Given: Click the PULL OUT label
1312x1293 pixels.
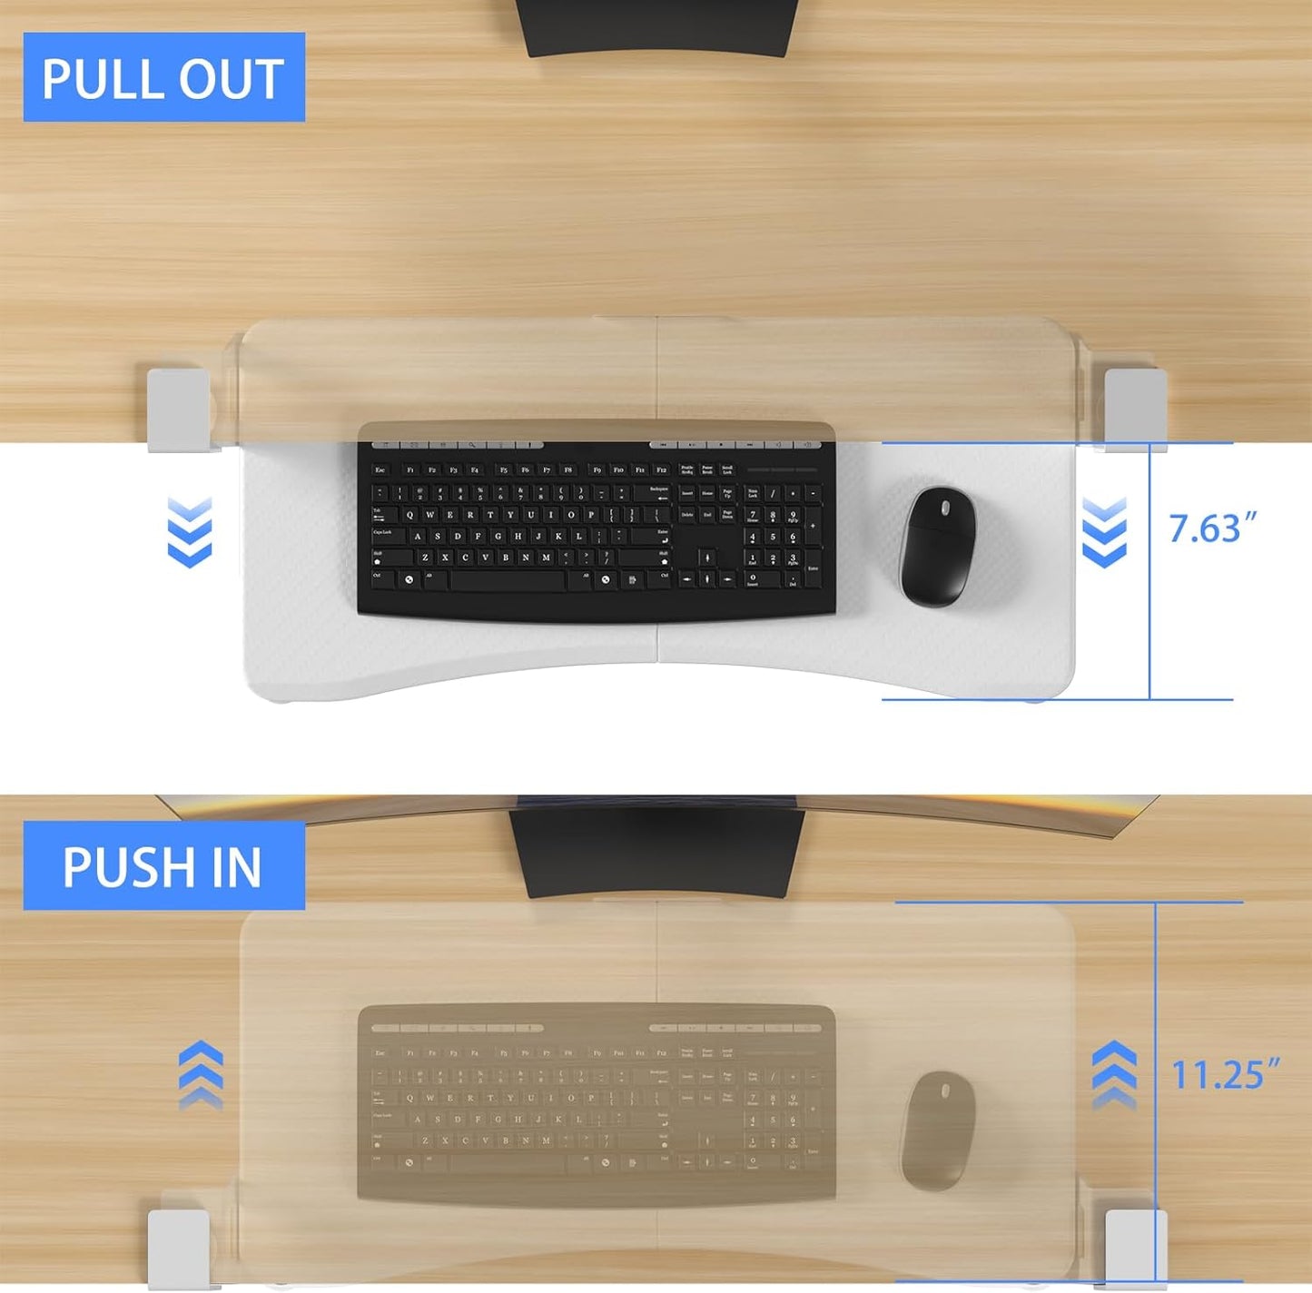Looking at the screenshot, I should [163, 77].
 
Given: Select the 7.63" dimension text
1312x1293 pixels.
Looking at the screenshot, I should [1212, 528].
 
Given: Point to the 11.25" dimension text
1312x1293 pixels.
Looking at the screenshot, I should [1225, 1075].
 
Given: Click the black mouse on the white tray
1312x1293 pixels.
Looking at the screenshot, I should [938, 547].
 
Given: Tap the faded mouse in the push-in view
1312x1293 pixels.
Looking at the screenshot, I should [938, 1130].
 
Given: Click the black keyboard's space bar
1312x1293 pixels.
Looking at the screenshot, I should [508, 579].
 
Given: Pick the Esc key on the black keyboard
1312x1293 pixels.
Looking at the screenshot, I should [380, 470].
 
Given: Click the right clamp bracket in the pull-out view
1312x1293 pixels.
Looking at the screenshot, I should [1135, 408].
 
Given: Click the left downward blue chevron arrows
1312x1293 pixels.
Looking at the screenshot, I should [190, 532].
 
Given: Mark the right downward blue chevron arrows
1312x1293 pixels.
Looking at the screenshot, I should [1104, 532].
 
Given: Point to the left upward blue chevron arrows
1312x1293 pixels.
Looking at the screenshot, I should [201, 1075].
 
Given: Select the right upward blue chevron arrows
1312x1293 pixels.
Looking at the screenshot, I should [1113, 1075].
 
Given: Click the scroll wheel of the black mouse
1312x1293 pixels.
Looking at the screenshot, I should [943, 505].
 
